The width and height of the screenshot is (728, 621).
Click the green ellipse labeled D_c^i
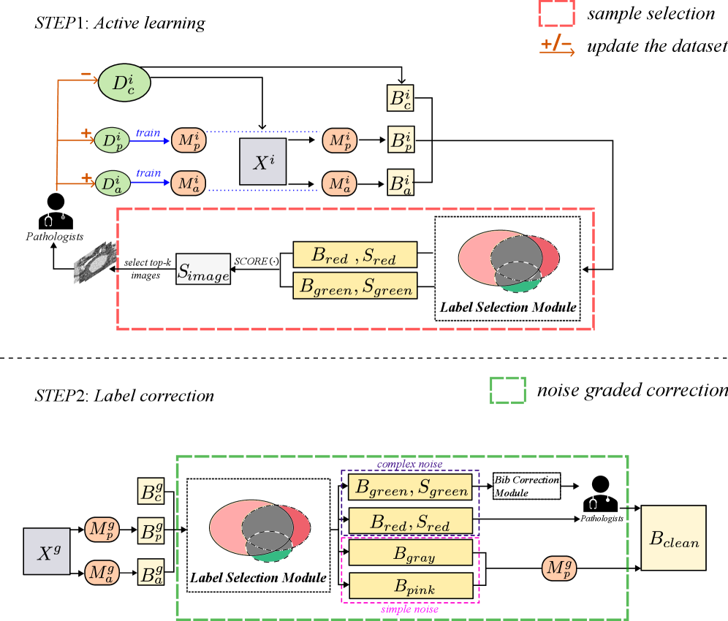tap(124, 83)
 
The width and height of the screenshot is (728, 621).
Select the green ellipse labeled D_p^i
tap(112, 140)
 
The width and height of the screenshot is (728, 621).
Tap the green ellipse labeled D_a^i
tap(113, 183)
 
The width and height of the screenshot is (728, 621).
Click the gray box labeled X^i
tap(262, 161)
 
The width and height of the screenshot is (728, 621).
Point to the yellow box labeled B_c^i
tap(401, 98)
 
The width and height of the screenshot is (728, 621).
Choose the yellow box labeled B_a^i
tap(401, 183)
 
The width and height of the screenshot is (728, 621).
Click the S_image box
tap(203, 269)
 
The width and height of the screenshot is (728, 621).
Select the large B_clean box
tap(673, 538)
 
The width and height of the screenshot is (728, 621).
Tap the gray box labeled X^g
tap(47, 551)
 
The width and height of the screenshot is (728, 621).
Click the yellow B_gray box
tap(410, 552)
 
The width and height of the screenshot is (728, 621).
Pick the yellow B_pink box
tap(410, 585)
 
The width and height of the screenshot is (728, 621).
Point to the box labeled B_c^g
tap(151, 491)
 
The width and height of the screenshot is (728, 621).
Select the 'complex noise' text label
tap(409, 464)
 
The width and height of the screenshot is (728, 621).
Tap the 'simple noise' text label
tap(409, 609)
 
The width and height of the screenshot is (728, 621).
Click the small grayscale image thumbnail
tap(95, 262)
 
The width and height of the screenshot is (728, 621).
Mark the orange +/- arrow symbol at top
tap(557, 47)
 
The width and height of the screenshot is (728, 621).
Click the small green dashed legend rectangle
tap(507, 390)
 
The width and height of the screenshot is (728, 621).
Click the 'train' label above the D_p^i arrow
tap(148, 134)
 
